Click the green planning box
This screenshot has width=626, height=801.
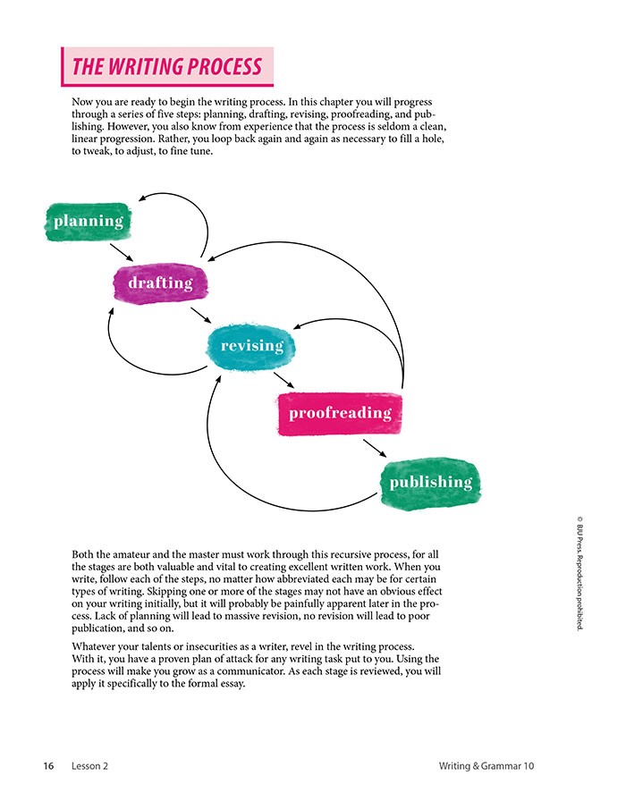click(88, 221)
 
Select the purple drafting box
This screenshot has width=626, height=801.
click(160, 283)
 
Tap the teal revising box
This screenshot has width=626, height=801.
click(251, 346)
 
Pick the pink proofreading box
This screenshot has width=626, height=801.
click(339, 413)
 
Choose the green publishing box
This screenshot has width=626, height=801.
click(430, 483)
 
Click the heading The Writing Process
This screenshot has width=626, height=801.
click(167, 67)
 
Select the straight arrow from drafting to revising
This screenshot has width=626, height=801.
click(200, 316)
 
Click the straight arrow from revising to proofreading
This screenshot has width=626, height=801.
click(284, 380)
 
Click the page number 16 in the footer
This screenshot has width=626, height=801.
click(48, 766)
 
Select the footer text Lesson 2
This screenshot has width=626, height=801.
click(90, 766)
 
